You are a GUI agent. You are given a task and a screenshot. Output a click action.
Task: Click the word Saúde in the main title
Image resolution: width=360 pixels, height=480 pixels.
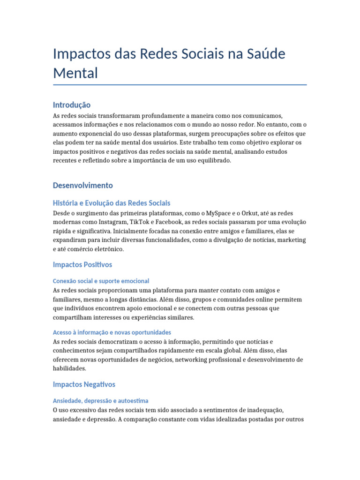point(262,54)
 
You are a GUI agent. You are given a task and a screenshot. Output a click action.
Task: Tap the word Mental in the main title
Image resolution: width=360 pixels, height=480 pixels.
point(75,73)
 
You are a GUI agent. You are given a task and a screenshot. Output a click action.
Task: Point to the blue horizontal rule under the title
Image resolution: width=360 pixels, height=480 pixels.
point(180,85)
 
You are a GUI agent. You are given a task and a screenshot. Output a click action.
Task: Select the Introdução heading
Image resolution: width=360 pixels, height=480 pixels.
point(72,105)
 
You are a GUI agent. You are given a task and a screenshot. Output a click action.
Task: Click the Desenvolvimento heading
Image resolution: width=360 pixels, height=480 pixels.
point(83,185)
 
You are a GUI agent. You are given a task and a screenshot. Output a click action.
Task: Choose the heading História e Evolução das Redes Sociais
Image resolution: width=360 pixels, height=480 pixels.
point(112,203)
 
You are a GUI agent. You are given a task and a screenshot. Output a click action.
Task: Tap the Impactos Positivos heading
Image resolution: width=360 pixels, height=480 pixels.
point(82,265)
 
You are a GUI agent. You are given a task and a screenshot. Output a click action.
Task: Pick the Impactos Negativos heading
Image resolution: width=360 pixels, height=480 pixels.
point(84,384)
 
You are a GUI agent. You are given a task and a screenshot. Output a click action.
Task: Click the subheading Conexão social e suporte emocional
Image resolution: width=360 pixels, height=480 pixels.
point(101,281)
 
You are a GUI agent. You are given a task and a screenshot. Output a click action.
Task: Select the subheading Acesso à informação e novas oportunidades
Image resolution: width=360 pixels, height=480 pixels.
point(112,332)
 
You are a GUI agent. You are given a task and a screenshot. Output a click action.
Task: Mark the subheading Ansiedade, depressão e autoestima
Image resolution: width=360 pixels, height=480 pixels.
point(101,401)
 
